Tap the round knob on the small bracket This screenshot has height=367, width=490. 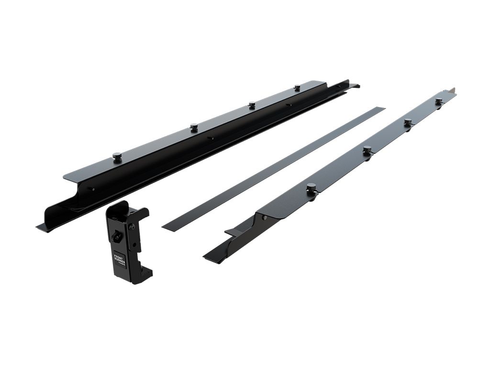(x=116, y=236)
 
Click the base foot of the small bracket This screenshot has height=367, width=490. (x=139, y=277)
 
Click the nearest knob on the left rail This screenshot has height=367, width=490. (x=117, y=156)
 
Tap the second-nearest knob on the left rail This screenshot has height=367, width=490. (x=194, y=127)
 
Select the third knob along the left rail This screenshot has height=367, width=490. (x=252, y=105)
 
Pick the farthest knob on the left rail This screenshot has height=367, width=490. (x=297, y=87)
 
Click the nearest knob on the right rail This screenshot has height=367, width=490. (x=311, y=187)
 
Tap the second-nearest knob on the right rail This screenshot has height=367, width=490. (x=367, y=149)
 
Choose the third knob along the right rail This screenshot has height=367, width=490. (x=407, y=122)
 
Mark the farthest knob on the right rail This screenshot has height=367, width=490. (x=438, y=101)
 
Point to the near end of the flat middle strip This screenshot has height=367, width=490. (x=168, y=227)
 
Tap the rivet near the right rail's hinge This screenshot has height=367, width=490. (x=264, y=217)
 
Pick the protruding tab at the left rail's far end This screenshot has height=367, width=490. (x=354, y=86)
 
